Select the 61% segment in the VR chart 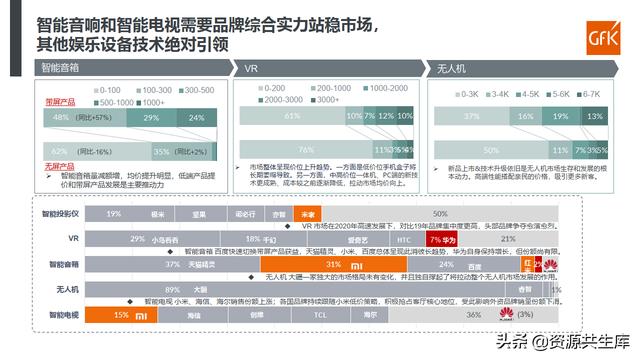[x=290, y=117]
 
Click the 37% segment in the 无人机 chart [x=471, y=117]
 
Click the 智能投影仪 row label [x=60, y=214]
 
